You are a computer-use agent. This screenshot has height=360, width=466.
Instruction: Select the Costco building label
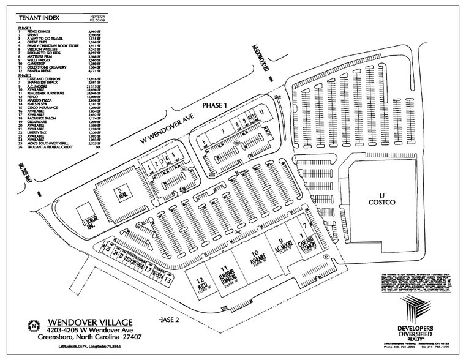click(382, 198)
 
